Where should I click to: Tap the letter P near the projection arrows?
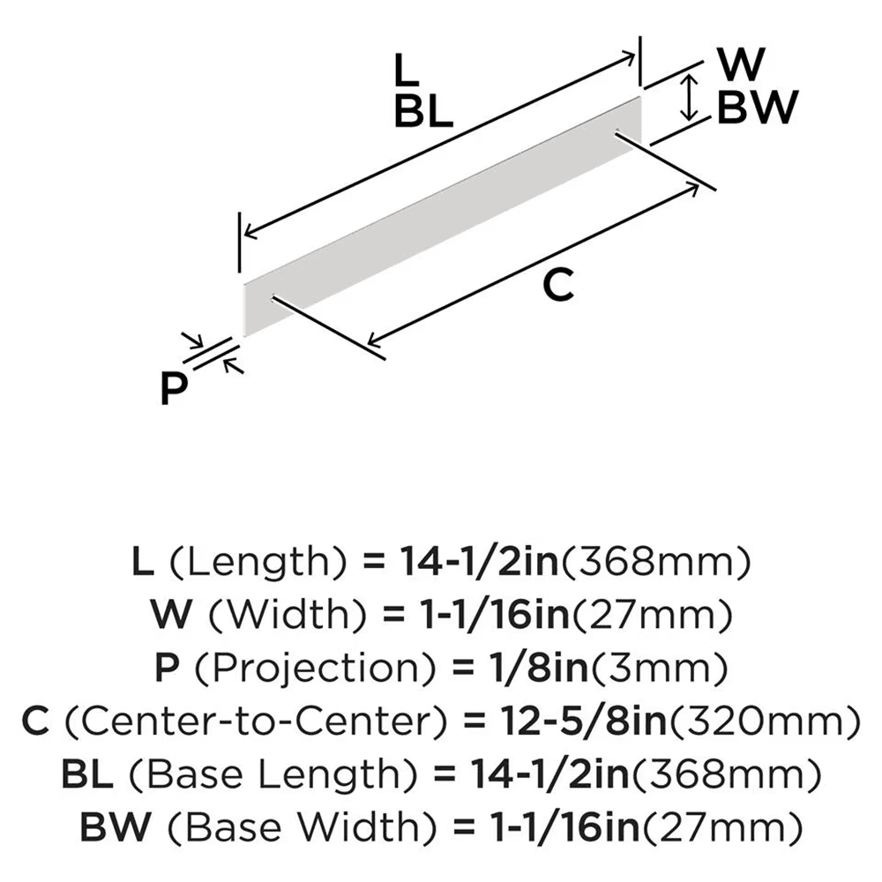point(176,389)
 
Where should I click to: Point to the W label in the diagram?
point(743,64)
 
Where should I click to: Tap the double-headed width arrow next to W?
point(691,97)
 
